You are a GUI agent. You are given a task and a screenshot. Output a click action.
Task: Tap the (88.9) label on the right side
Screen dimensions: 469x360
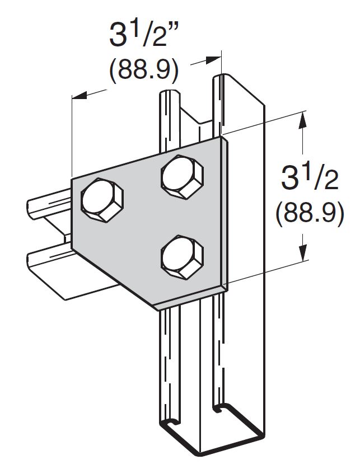click(x=309, y=213)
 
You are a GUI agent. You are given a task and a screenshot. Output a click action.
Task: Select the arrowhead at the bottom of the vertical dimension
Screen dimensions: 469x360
click(x=303, y=255)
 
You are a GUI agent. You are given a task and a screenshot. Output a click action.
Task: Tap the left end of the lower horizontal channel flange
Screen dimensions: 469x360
click(x=30, y=260)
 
